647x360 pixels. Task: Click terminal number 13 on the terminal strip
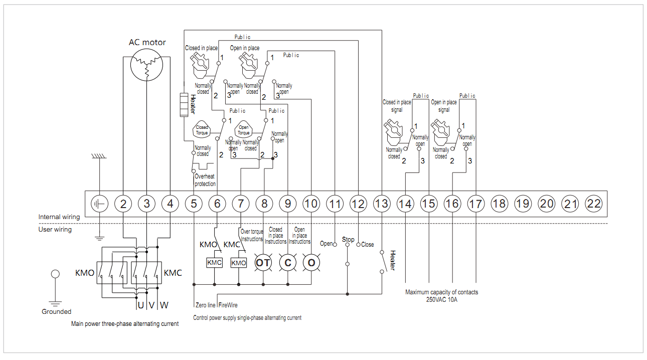[x=382, y=204]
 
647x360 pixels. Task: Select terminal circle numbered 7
[x=241, y=204]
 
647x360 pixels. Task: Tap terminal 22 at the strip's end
[x=594, y=204]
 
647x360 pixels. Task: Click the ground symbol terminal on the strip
[x=99, y=204]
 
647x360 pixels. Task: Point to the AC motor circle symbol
[x=147, y=65]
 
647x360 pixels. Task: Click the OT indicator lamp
[x=263, y=263]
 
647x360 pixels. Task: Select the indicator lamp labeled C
[x=288, y=263]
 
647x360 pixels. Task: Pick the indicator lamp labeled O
[x=311, y=263]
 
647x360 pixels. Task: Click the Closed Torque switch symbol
[x=202, y=130]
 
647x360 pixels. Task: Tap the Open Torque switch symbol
[x=243, y=130]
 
